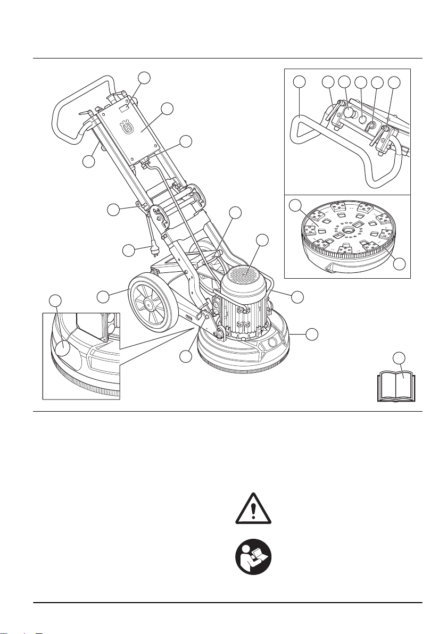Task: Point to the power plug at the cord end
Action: click(x=154, y=246)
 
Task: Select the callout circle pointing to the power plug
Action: click(x=129, y=249)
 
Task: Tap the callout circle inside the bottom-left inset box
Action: click(x=63, y=349)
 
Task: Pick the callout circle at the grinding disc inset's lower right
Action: click(x=403, y=263)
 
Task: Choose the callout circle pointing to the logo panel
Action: click(x=167, y=109)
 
